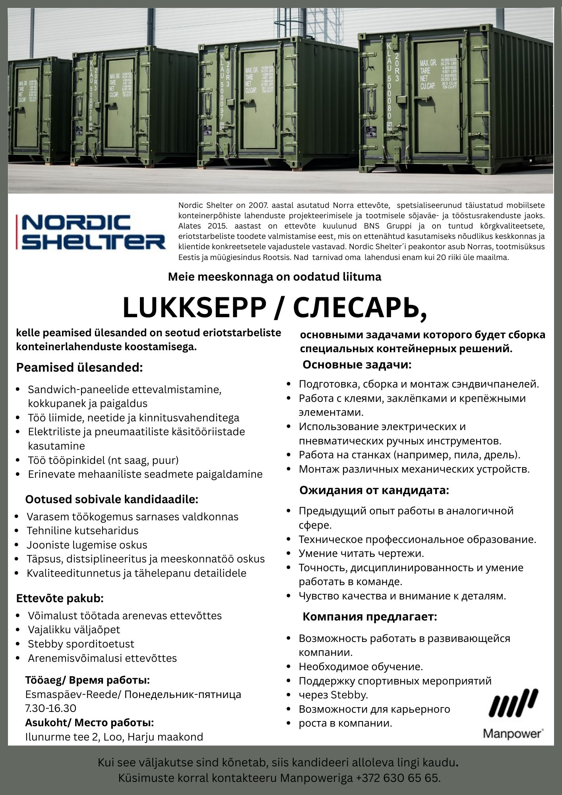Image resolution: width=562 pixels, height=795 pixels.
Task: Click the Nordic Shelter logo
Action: [x=91, y=232]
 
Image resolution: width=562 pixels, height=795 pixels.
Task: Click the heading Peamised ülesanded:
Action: [x=79, y=368]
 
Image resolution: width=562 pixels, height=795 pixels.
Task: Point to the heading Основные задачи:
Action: [x=357, y=365]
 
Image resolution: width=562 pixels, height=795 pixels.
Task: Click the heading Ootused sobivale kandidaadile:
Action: [x=112, y=499]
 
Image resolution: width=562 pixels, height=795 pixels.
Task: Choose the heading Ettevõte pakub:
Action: [x=60, y=598]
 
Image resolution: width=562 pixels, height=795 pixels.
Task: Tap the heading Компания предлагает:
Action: [x=370, y=617]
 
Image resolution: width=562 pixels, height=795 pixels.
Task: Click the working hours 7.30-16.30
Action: [x=51, y=708]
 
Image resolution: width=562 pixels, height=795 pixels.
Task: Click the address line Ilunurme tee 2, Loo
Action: [x=114, y=737]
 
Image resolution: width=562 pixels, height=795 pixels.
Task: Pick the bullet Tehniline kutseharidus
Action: [x=83, y=531]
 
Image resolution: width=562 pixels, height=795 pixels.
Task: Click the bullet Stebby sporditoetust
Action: [x=81, y=644]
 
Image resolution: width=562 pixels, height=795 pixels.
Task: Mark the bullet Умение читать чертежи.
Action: [x=361, y=553]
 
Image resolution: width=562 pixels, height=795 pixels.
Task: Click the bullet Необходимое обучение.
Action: [x=361, y=667]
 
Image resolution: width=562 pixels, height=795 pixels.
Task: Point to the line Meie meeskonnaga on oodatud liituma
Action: [x=274, y=277]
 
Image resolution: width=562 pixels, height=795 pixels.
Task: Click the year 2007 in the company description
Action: [x=259, y=206]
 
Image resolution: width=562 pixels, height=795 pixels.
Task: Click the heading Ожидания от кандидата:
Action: [x=374, y=491]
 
